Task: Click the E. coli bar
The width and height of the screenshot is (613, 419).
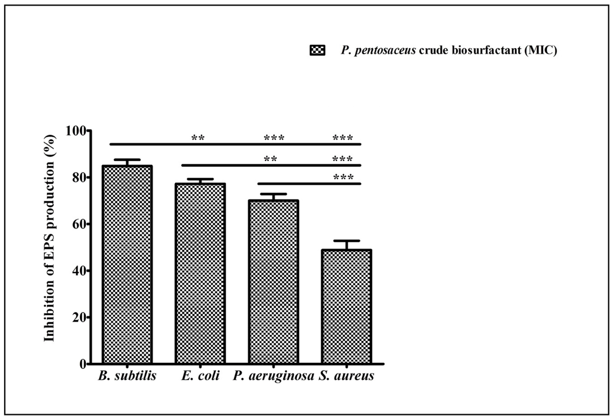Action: point(200,274)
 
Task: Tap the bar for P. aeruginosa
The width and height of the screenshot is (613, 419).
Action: point(273,282)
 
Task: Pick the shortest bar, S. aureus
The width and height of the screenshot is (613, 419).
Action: point(346,307)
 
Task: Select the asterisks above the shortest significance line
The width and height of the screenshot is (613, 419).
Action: point(343,177)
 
